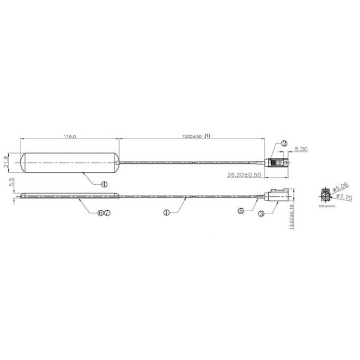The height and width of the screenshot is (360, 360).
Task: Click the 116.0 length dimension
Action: pyautogui.click(x=70, y=137)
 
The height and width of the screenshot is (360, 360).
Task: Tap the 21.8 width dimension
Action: pyautogui.click(x=6, y=161)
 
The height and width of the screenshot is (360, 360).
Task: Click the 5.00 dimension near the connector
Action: pyautogui.click(x=300, y=148)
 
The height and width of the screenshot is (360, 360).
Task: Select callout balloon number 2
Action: pyautogui.click(x=283, y=144)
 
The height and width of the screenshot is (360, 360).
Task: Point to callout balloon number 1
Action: pyautogui.click(x=166, y=212)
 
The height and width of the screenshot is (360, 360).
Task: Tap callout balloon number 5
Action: pyautogui.click(x=241, y=211)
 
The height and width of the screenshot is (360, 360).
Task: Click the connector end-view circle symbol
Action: pyautogui.click(x=325, y=196)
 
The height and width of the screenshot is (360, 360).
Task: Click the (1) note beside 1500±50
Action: pyautogui.click(x=208, y=136)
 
